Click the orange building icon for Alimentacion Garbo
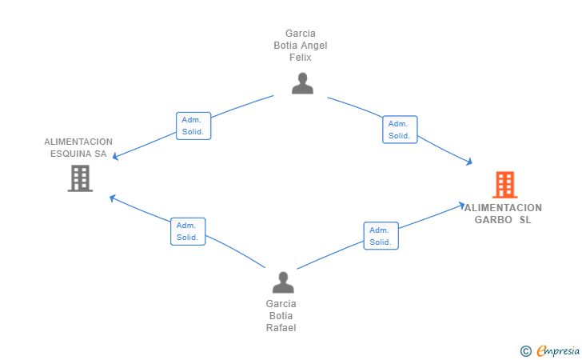504,185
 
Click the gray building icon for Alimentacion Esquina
80,178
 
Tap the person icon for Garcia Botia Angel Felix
302,83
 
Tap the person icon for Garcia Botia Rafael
283,282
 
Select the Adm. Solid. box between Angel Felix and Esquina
193,126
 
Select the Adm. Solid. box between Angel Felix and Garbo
400,130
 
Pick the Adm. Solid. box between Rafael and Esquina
188,231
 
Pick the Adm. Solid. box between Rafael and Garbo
381,236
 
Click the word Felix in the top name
301,58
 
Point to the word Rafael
281,328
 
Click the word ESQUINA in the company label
69,154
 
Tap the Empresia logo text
558,350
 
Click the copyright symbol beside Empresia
525,351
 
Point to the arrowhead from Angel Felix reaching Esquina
115,157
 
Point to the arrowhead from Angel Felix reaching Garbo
469,162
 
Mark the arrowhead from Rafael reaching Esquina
112,198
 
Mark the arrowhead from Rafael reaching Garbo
462,205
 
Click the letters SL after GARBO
525,220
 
